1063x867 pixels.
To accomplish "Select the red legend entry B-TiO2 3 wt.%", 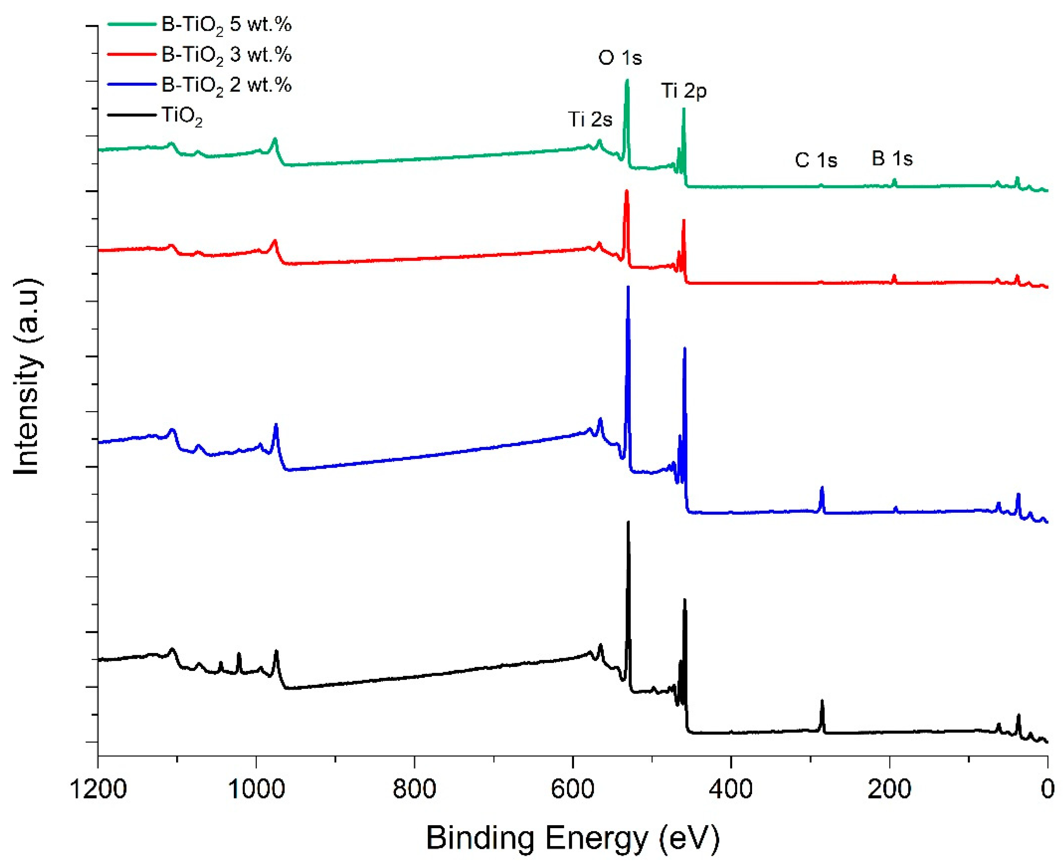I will [x=226, y=55].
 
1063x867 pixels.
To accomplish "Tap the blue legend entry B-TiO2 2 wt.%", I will [x=226, y=85].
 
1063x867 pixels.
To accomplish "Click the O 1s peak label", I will [x=620, y=58].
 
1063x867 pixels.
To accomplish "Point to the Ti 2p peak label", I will [x=684, y=91].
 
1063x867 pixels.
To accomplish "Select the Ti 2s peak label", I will [x=590, y=119].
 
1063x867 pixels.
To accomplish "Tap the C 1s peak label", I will [x=816, y=160].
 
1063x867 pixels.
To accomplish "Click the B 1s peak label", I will [x=892, y=159].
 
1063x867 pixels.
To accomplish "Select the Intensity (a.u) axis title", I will [x=27, y=377].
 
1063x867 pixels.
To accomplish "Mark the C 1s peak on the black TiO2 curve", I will [x=822, y=702].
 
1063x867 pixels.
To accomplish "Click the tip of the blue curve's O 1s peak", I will [x=627, y=287].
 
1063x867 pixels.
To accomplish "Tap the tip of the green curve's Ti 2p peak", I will [x=684, y=109].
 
